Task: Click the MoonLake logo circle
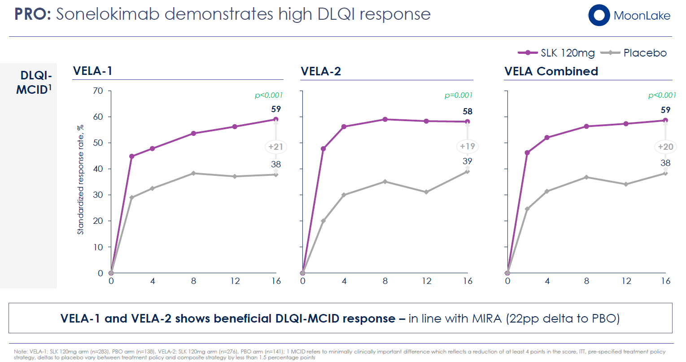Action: [x=599, y=15]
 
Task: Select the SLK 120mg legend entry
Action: [x=557, y=53]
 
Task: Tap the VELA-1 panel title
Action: [x=92, y=71]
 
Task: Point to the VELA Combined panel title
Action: [x=551, y=71]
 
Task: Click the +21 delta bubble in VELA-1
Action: [x=275, y=147]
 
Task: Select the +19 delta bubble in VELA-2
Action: [x=467, y=146]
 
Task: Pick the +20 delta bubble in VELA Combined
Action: [x=665, y=147]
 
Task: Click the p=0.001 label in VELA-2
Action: [x=459, y=95]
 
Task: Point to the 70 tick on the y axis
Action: [x=98, y=91]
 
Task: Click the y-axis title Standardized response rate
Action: [x=81, y=179]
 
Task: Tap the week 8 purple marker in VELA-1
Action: [x=193, y=133]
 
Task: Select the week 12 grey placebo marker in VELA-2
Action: [x=426, y=192]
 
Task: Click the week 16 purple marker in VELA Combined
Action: [x=665, y=120]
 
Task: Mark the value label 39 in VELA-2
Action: [x=467, y=161]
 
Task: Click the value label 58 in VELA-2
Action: [x=467, y=111]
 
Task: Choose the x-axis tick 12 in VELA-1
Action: [x=235, y=281]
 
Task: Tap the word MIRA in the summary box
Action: [x=486, y=318]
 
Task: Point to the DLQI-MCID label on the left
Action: [x=35, y=83]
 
